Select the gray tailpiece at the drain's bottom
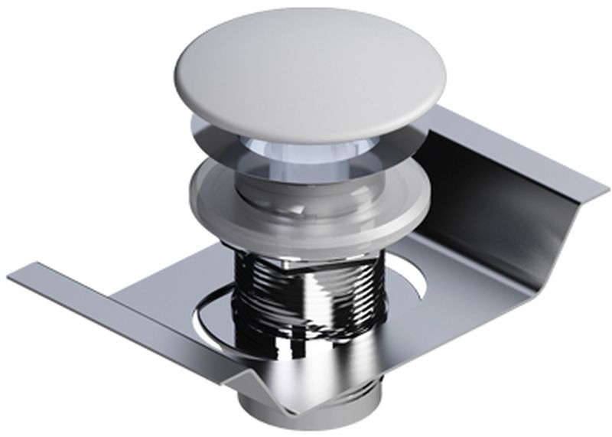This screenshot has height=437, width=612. (x=306, y=417)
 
